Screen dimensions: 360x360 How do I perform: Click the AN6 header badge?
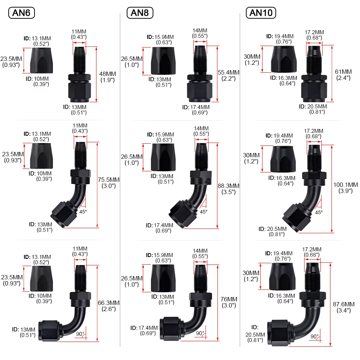(22, 13)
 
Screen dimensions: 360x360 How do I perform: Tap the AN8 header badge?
(140, 13)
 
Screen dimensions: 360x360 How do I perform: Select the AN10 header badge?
(261, 13)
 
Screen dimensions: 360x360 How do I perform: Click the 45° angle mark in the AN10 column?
(319, 212)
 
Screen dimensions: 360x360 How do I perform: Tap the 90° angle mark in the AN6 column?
(80, 334)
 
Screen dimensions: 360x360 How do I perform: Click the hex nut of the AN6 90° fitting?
(49, 330)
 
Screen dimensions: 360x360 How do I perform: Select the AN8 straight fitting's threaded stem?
(200, 60)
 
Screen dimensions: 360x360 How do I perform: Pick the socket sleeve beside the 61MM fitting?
(284, 59)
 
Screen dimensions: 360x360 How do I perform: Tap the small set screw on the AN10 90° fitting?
(319, 303)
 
